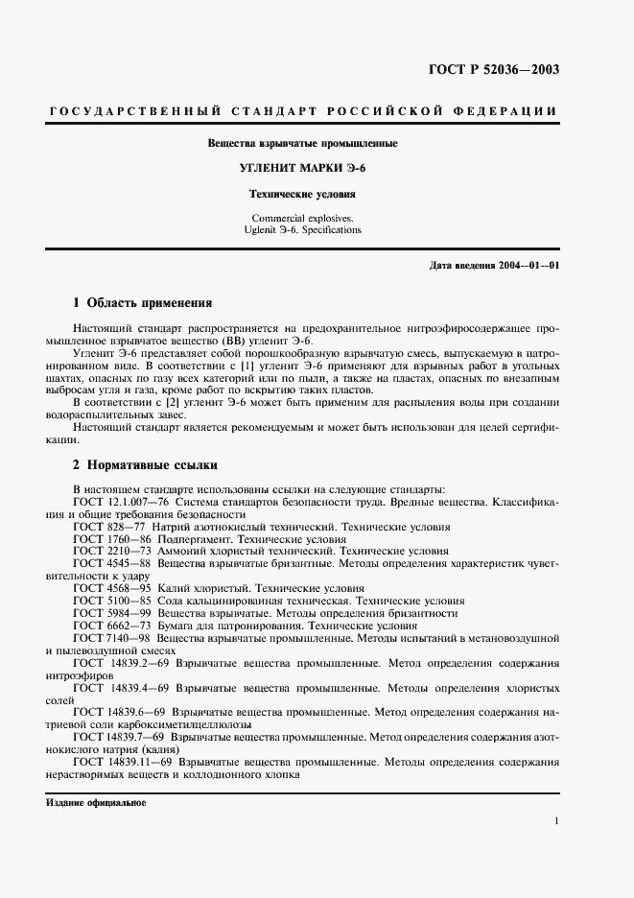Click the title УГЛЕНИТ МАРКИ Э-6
tap(302, 168)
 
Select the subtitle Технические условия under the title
tap(302, 193)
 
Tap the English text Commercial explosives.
tap(302, 218)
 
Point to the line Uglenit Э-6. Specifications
tap(302, 230)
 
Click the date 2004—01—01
tap(528, 264)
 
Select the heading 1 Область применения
tap(142, 302)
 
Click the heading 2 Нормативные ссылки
tap(145, 464)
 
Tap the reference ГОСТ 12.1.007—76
tap(122, 501)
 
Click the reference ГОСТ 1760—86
tap(109, 539)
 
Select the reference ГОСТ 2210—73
tap(109, 552)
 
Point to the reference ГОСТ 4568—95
tap(109, 587)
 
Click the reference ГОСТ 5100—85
tap(109, 600)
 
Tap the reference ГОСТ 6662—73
tap(109, 625)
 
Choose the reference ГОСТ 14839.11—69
tap(122, 762)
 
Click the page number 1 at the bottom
tap(556, 821)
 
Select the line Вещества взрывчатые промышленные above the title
tap(302, 144)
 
